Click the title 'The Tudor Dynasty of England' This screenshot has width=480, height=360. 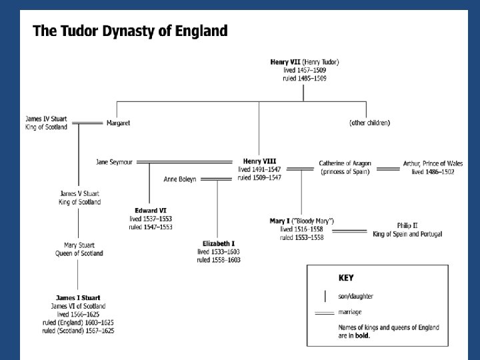click(x=131, y=31)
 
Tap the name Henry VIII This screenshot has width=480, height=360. click(x=259, y=161)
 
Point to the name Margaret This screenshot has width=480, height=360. click(x=118, y=123)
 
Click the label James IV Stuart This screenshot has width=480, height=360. click(x=46, y=119)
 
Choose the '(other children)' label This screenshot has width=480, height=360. click(x=369, y=123)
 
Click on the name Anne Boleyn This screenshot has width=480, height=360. click(x=180, y=179)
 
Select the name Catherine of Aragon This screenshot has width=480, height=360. click(x=345, y=163)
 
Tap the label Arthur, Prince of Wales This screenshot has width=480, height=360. click(x=433, y=163)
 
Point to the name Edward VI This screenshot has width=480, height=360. click(x=150, y=211)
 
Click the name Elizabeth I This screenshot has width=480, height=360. click(x=219, y=244)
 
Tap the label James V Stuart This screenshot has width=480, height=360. click(x=79, y=194)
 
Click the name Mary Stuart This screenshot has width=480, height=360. click(x=79, y=245)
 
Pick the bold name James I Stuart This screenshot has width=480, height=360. click(x=79, y=297)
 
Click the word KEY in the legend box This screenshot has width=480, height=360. click(x=345, y=277)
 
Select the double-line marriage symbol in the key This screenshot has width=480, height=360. click(x=324, y=312)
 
